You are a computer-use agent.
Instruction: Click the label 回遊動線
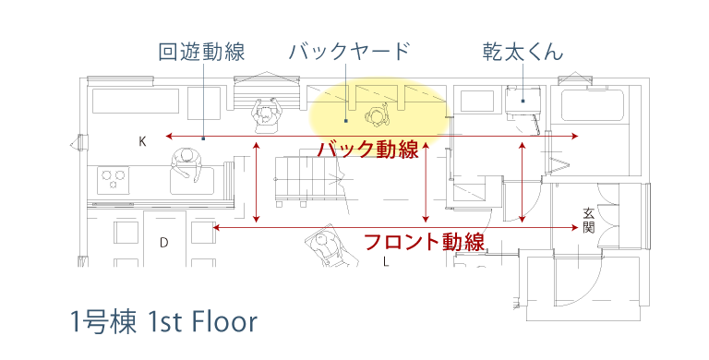click(x=201, y=52)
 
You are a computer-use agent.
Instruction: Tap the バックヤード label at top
click(x=349, y=52)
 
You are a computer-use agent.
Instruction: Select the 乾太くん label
click(x=523, y=52)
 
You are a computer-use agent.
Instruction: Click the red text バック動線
click(x=368, y=150)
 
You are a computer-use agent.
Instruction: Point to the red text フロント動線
click(x=424, y=242)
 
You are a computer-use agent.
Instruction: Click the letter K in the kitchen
click(x=142, y=142)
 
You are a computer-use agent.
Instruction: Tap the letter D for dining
click(x=163, y=243)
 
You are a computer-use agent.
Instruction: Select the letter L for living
click(x=386, y=261)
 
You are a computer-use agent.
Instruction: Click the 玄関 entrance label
click(x=588, y=220)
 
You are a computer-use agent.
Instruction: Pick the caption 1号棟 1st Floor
click(x=163, y=321)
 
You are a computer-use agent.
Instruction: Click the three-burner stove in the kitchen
click(x=113, y=180)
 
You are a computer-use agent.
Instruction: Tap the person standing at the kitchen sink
click(x=186, y=164)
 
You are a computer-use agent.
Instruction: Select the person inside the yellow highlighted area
click(x=377, y=115)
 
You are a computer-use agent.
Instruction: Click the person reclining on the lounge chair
click(x=330, y=246)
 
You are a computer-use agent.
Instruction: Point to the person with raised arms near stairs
click(x=266, y=115)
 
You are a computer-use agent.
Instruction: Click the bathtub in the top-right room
click(x=593, y=105)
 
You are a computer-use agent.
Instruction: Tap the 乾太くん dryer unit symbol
click(x=523, y=101)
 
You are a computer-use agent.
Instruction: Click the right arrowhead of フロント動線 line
click(x=576, y=227)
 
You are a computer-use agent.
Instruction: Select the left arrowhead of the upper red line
click(x=169, y=136)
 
